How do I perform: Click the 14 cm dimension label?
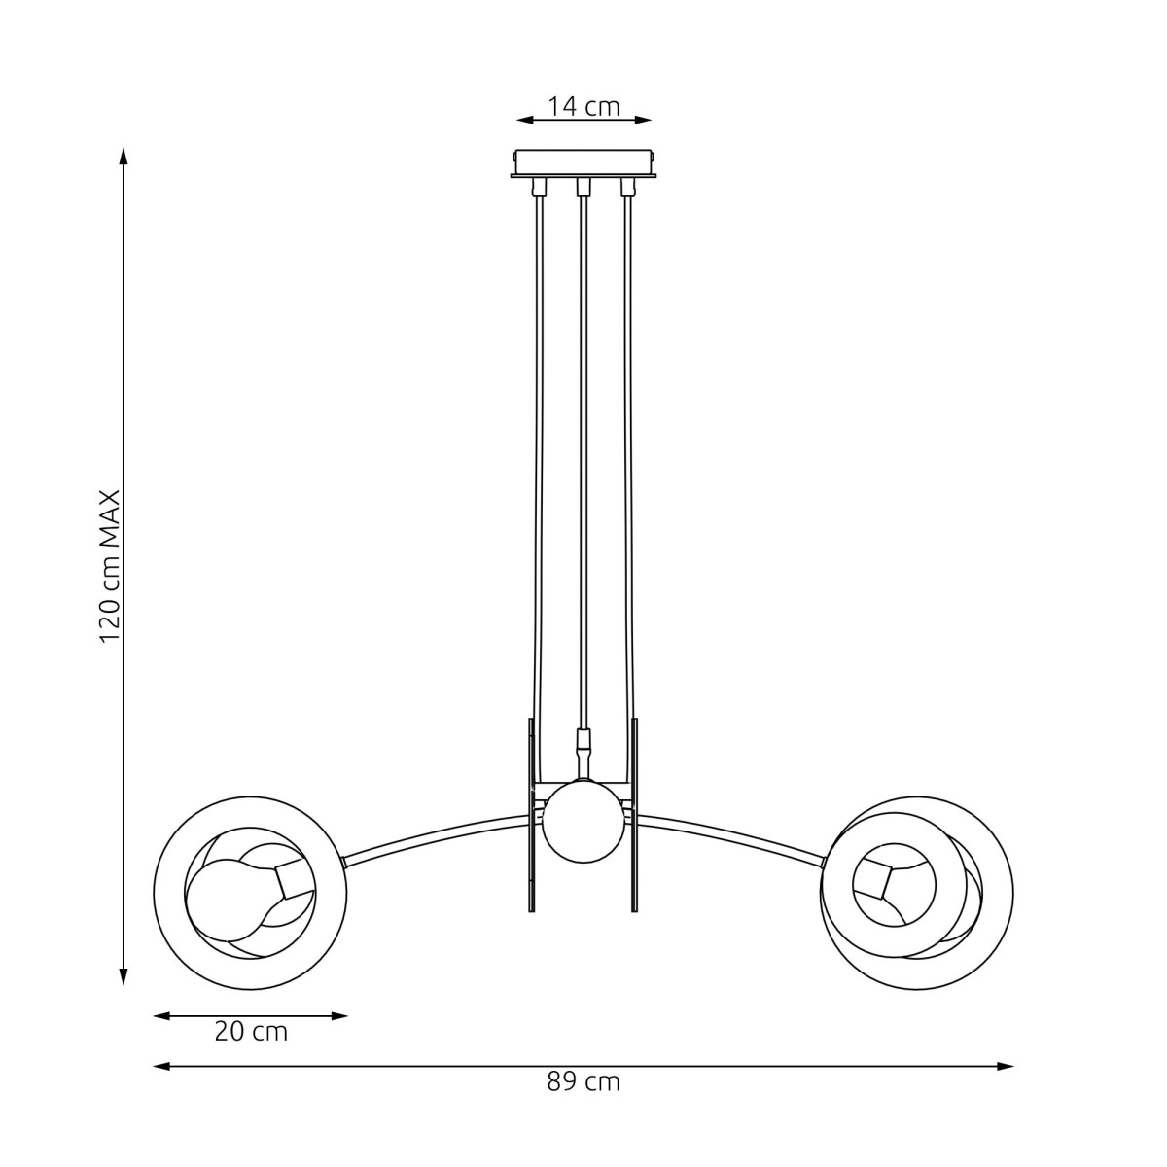[x=583, y=106]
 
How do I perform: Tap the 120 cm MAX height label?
[x=110, y=565]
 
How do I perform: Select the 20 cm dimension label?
[x=251, y=1032]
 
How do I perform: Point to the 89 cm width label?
[x=583, y=1081]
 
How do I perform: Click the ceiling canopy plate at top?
[x=583, y=162]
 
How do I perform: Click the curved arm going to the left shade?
[x=438, y=834]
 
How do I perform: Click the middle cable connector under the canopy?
[x=583, y=186]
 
